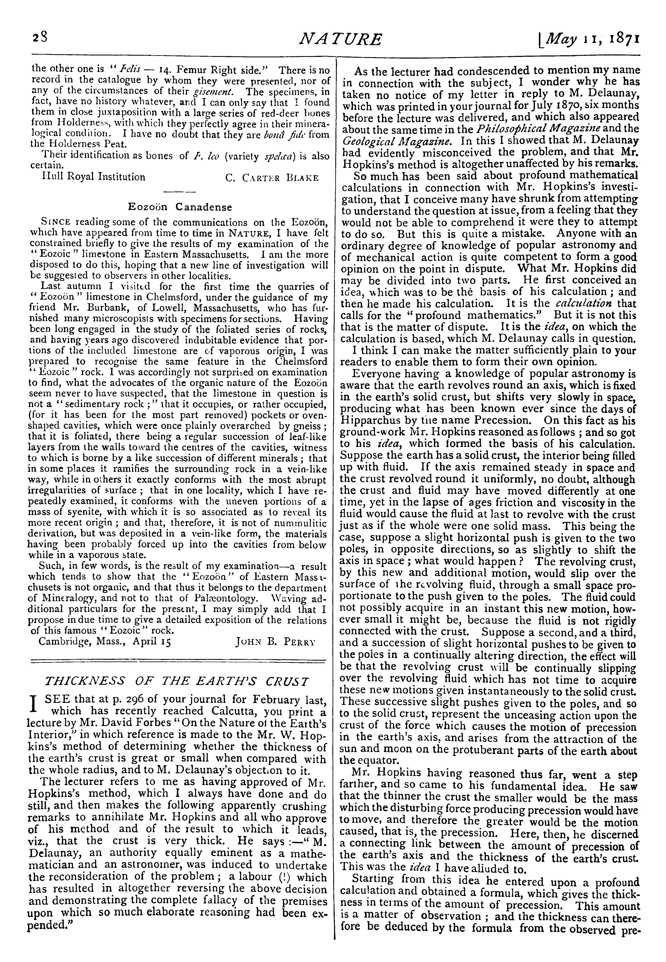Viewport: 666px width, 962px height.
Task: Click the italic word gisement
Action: (218, 91)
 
